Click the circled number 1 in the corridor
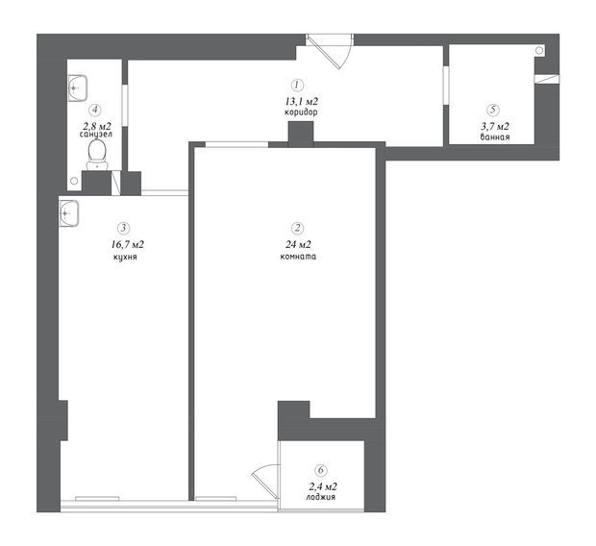[x=297, y=86]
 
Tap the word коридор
[x=301, y=112]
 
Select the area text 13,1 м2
[x=302, y=102]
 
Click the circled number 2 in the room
[x=297, y=228]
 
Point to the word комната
[x=298, y=257]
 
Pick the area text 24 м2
[x=298, y=245]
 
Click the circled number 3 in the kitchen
[x=124, y=228]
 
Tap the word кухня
[x=125, y=257]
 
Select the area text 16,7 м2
[x=127, y=244]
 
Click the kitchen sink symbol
[x=69, y=213]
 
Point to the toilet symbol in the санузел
[x=97, y=155]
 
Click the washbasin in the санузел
[x=78, y=88]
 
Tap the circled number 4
[x=95, y=111]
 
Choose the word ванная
[x=495, y=137]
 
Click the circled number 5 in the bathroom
[x=493, y=111]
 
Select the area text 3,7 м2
[x=495, y=127]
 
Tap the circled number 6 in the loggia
[x=321, y=470]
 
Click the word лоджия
[x=321, y=497]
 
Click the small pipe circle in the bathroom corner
[x=539, y=50]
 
